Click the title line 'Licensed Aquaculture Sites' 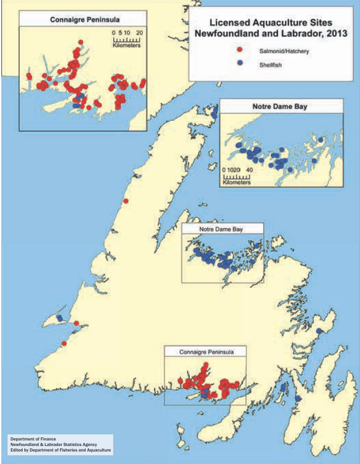(270, 23)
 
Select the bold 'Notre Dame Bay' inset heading (281, 107)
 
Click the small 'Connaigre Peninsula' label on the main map (204, 352)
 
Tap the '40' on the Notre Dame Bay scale (249, 170)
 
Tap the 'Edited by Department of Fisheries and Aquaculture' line (60, 451)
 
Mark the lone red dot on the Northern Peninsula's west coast (125, 202)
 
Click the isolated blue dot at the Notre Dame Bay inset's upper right (320, 139)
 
